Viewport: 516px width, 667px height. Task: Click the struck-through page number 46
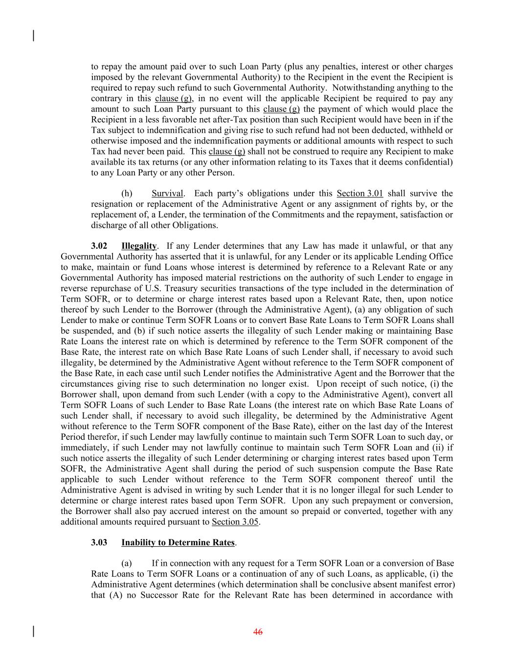point(258,632)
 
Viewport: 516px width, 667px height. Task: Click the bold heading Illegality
point(139,246)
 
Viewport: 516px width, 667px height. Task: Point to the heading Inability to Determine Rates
point(178,542)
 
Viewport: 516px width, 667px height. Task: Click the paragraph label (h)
point(126,194)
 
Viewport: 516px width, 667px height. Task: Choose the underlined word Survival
point(167,194)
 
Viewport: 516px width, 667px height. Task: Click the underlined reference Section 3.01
point(360,194)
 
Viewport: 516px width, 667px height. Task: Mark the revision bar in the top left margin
point(33,36)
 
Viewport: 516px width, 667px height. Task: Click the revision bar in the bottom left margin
point(33,631)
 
